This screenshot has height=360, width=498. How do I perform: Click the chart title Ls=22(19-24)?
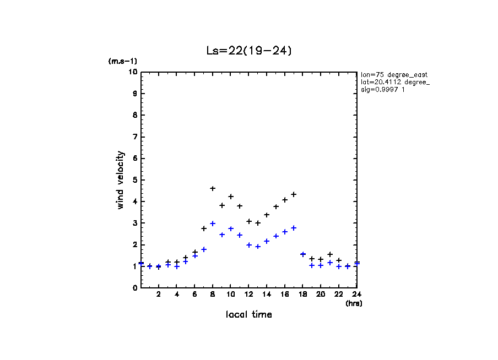[x=248, y=51]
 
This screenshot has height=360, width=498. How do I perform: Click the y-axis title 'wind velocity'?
[x=121, y=180]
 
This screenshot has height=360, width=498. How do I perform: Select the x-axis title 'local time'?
[x=248, y=315]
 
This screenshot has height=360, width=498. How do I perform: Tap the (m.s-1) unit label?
[x=122, y=62]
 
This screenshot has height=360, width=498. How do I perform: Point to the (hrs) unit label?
[x=353, y=303]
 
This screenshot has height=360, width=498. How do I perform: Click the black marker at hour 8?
[x=213, y=189]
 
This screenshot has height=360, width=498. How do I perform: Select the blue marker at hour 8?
[x=213, y=224]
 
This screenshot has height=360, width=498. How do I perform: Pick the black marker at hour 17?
[x=294, y=194]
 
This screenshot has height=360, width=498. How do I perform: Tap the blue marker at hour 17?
[x=294, y=228]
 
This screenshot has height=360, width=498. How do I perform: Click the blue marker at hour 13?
[x=258, y=247]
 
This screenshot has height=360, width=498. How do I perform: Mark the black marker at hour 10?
[x=231, y=197]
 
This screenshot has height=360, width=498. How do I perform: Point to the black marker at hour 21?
[x=330, y=254]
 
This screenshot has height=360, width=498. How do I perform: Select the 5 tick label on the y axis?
[x=134, y=180]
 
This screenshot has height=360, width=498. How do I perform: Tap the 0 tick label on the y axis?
[x=134, y=287]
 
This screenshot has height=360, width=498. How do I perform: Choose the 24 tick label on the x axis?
[x=357, y=294]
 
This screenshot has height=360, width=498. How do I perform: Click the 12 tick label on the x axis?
[x=249, y=294]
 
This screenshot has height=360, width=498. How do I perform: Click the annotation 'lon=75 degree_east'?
[x=394, y=74]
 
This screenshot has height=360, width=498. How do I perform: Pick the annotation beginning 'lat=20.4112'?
[x=395, y=82]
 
